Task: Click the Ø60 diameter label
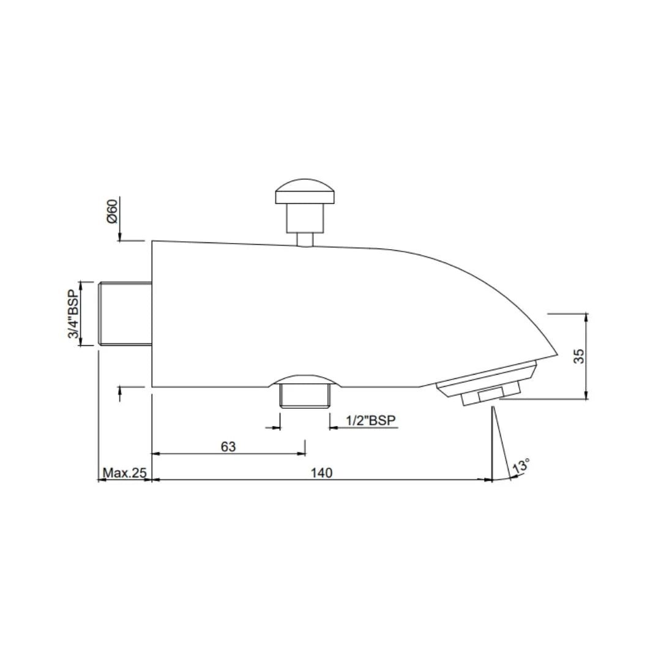point(112,212)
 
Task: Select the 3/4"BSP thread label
point(73,314)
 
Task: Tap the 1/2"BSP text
point(371,420)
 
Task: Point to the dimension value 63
point(228,446)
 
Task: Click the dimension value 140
point(322,472)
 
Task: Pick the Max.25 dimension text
point(125,472)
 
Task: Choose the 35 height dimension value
point(580,356)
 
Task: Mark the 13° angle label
point(521,466)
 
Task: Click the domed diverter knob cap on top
point(305,191)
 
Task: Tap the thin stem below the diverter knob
point(305,239)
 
